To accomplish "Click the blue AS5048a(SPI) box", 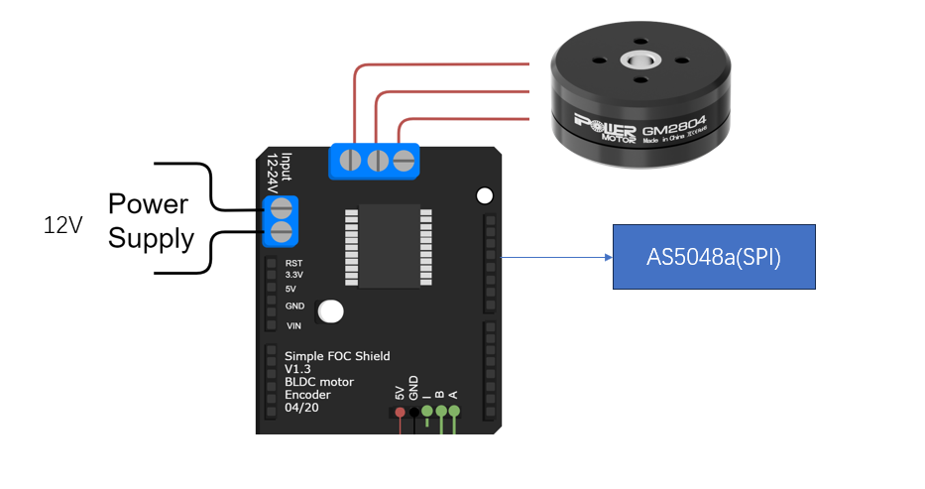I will click(x=714, y=257).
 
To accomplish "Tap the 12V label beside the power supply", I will click(x=62, y=225).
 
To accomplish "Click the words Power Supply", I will click(x=150, y=221).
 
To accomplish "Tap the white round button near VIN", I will click(x=331, y=311).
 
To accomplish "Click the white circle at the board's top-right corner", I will click(x=485, y=195).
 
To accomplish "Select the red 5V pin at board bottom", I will click(x=401, y=411).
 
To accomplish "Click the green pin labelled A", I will click(x=454, y=411).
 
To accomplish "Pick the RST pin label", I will click(x=293, y=263).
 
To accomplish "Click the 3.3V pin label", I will click(x=294, y=276).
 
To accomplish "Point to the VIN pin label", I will click(x=294, y=325).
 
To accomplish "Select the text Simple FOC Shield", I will click(x=337, y=356).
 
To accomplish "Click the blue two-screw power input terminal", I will click(x=281, y=220).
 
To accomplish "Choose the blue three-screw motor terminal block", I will click(x=376, y=161).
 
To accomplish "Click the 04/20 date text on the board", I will click(x=302, y=408).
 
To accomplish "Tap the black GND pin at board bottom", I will click(x=414, y=411).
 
